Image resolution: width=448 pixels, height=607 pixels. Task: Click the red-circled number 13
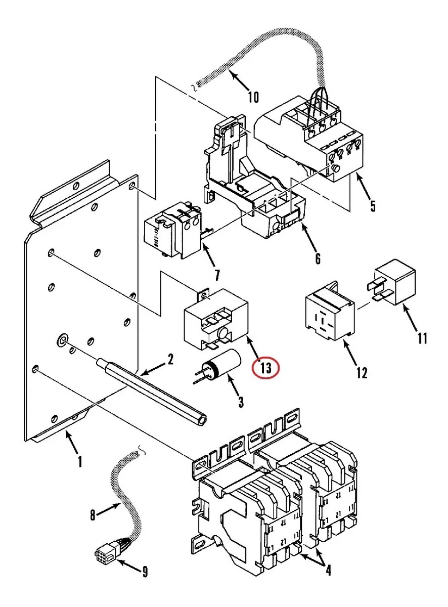point(265,368)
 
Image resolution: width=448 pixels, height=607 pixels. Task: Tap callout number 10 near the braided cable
point(253,97)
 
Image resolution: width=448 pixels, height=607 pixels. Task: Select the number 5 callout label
point(373,206)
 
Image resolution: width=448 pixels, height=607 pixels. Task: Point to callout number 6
point(318,258)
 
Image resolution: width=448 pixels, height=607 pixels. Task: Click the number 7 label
point(217,275)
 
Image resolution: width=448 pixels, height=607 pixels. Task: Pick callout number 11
point(422,338)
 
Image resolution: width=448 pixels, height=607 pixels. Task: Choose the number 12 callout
point(362,373)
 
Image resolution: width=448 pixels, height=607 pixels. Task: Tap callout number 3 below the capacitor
point(241,402)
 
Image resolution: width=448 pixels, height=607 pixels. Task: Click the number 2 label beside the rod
point(170,359)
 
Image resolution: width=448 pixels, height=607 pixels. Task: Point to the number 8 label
point(93,516)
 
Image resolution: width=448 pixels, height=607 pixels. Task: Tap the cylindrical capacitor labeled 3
point(221,364)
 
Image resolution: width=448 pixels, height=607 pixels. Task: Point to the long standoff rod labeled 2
point(152,392)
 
